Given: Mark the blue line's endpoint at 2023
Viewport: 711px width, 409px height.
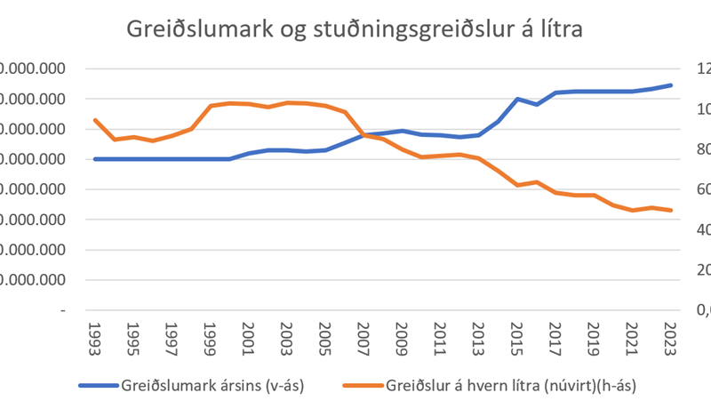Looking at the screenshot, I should coord(671,85).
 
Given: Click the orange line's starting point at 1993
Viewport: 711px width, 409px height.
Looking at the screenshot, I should coord(95,120).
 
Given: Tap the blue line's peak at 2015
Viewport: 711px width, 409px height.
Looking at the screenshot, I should coord(517,99).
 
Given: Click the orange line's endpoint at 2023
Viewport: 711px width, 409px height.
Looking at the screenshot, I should coord(671,211).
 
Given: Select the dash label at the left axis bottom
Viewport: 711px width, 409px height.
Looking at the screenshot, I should coord(61,310).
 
